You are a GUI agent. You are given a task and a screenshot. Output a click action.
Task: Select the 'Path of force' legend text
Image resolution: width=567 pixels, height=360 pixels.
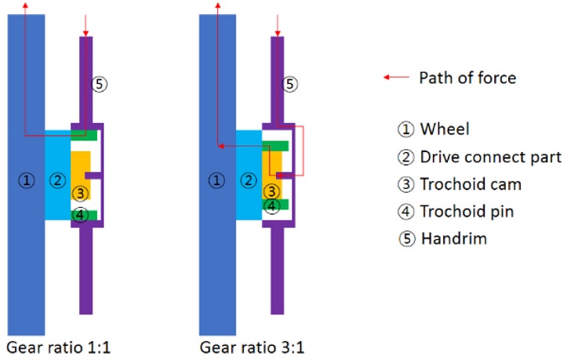click(467, 77)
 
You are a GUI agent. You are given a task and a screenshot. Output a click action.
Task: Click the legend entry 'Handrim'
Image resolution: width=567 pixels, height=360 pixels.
click(442, 238)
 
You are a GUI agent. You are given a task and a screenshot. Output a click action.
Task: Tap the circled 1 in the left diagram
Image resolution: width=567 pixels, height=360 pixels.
click(27, 180)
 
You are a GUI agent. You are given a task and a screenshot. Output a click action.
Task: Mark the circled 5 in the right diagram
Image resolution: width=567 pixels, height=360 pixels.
click(290, 83)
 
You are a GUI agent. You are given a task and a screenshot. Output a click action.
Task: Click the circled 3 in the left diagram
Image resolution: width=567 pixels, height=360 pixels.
click(78, 192)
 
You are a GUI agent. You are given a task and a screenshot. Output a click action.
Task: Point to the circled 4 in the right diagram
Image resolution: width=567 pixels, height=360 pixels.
click(271, 206)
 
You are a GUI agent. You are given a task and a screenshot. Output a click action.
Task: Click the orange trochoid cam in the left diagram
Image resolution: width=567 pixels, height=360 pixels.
click(79, 169)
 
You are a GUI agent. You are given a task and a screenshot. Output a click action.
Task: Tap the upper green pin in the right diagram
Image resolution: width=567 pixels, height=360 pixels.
click(275, 145)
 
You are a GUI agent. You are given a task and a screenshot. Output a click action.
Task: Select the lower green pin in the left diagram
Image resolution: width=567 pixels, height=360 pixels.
click(83, 215)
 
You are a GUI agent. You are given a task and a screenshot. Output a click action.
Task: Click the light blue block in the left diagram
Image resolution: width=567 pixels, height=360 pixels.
click(56, 174)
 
